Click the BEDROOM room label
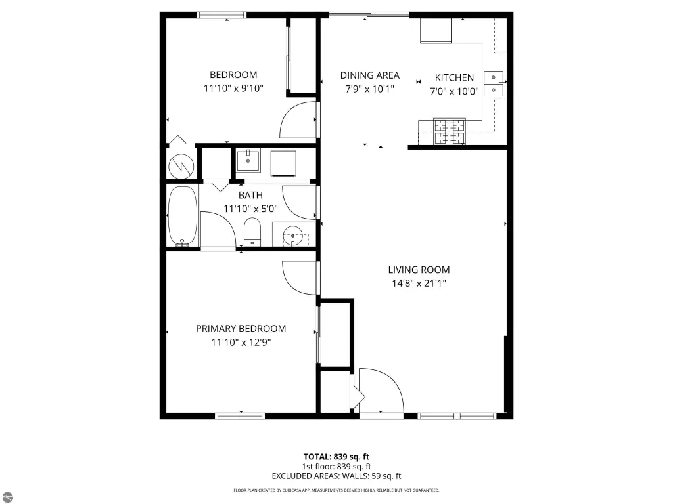[233, 75]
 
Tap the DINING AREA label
[369, 75]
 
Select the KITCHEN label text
[454, 77]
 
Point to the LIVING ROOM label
[419, 270]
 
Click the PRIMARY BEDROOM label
[241, 329]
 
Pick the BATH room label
[250, 195]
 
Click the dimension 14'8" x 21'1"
[419, 283]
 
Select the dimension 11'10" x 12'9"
[241, 342]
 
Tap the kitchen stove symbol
[450, 131]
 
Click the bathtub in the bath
[183, 216]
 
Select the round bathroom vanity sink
[293, 236]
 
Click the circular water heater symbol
[181, 166]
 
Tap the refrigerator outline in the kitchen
[436, 30]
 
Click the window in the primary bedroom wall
[239, 415]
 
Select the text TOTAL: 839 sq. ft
[336, 457]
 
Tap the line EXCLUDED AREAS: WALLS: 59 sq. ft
[336, 476]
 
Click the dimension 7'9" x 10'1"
[369, 89]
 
